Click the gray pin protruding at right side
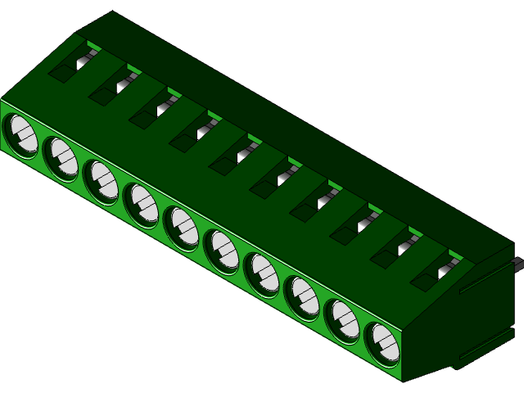517,263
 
